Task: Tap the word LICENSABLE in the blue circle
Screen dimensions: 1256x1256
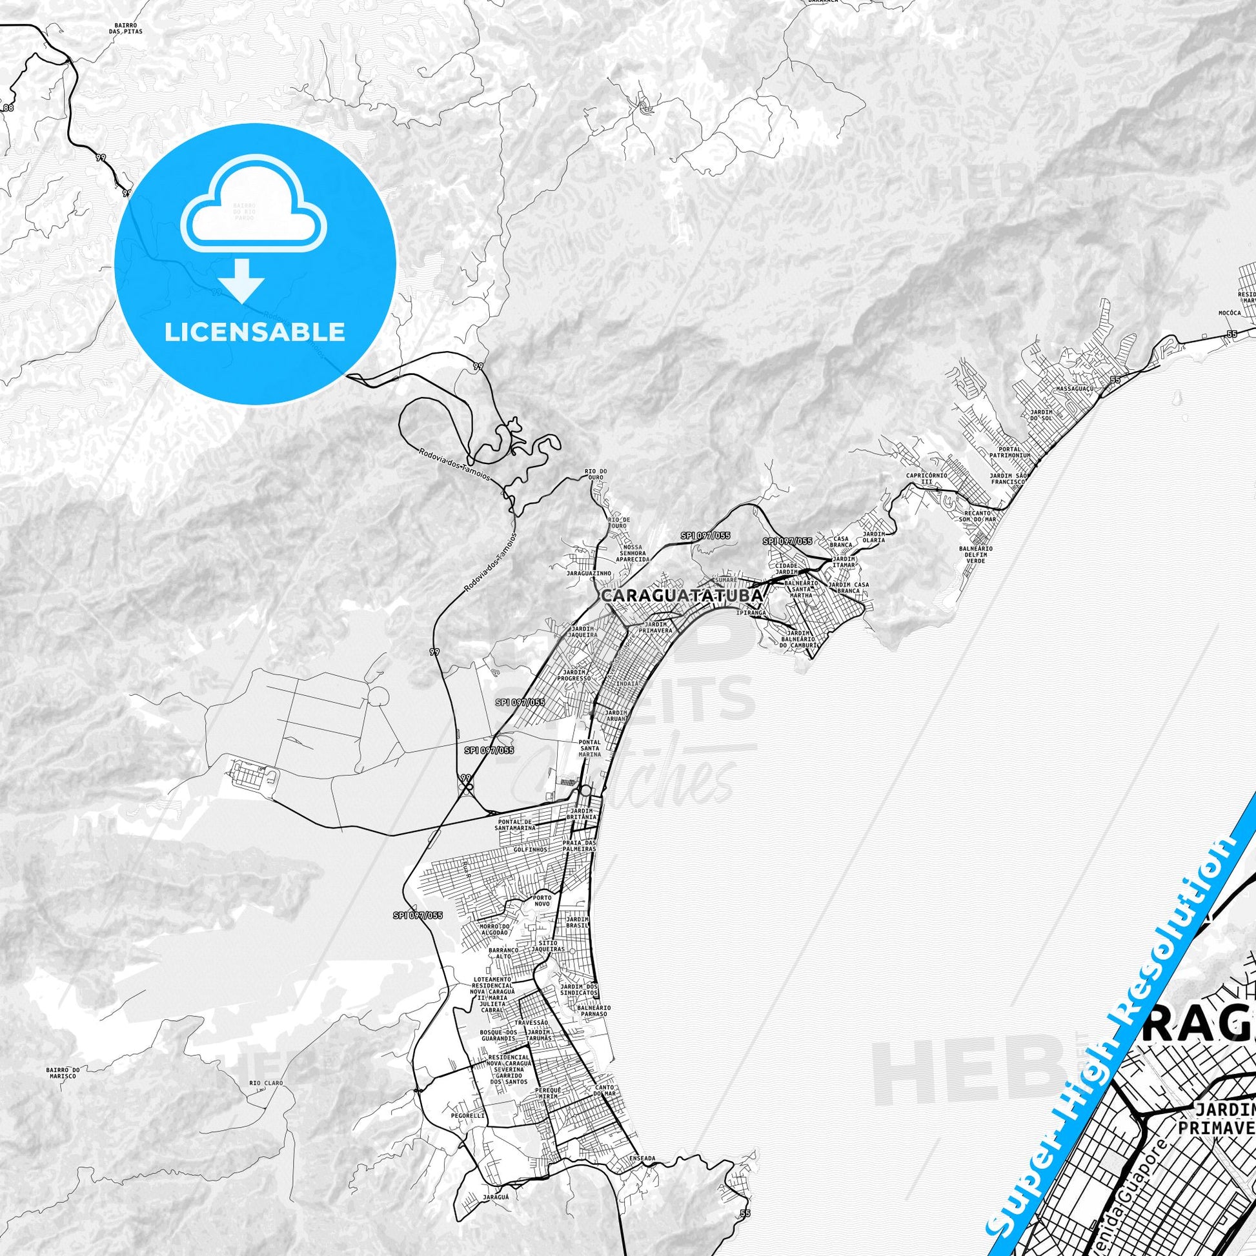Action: (x=254, y=332)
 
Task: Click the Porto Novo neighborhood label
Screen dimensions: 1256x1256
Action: (x=542, y=900)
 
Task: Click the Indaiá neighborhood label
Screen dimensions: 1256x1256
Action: (x=627, y=684)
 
